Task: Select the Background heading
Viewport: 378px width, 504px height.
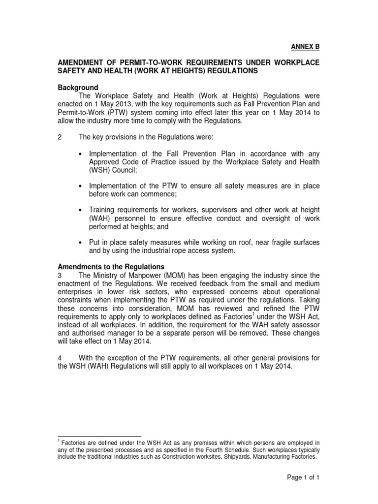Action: tap(78, 88)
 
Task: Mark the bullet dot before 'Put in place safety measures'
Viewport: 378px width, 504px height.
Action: tap(81, 243)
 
